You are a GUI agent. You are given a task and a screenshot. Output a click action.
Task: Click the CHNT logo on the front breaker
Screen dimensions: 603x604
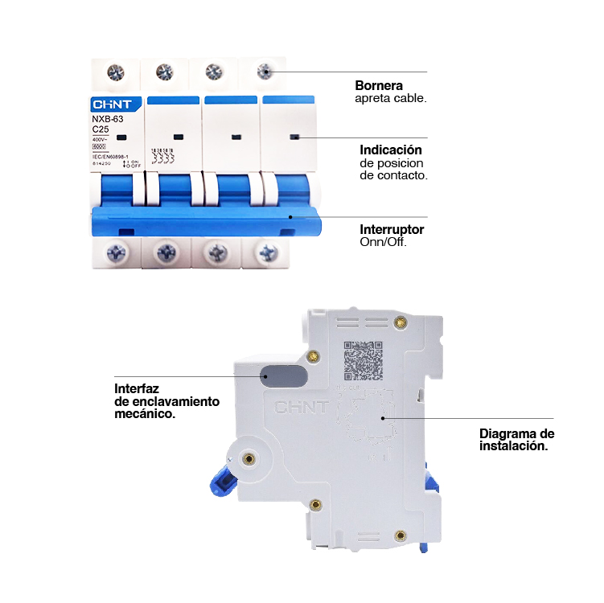pyautogui.click(x=117, y=105)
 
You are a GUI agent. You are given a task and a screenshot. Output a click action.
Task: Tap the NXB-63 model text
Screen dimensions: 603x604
pyautogui.click(x=107, y=119)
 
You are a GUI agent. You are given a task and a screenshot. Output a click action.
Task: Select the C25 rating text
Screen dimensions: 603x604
pyautogui.click(x=101, y=129)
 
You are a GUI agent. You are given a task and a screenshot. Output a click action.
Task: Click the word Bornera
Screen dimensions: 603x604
pyautogui.click(x=379, y=85)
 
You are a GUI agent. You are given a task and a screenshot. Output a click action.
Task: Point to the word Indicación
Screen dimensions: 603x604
pyautogui.click(x=391, y=150)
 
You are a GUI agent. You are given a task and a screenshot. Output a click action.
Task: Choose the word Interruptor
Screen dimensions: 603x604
pyautogui.click(x=392, y=230)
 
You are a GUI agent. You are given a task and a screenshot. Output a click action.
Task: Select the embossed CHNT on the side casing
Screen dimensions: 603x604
pyautogui.click(x=302, y=407)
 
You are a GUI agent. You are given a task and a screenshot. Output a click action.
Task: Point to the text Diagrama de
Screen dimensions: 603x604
pyautogui.click(x=516, y=433)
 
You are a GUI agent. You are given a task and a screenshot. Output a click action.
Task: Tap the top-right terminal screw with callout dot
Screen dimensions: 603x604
pyautogui.click(x=265, y=72)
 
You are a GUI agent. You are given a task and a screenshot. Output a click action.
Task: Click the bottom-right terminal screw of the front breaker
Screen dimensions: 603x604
pyautogui.click(x=265, y=252)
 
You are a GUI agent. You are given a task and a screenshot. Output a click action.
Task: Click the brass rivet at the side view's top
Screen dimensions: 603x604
pyautogui.click(x=402, y=322)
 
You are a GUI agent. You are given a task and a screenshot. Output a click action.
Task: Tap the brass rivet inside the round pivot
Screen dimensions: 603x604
pyautogui.click(x=249, y=459)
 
